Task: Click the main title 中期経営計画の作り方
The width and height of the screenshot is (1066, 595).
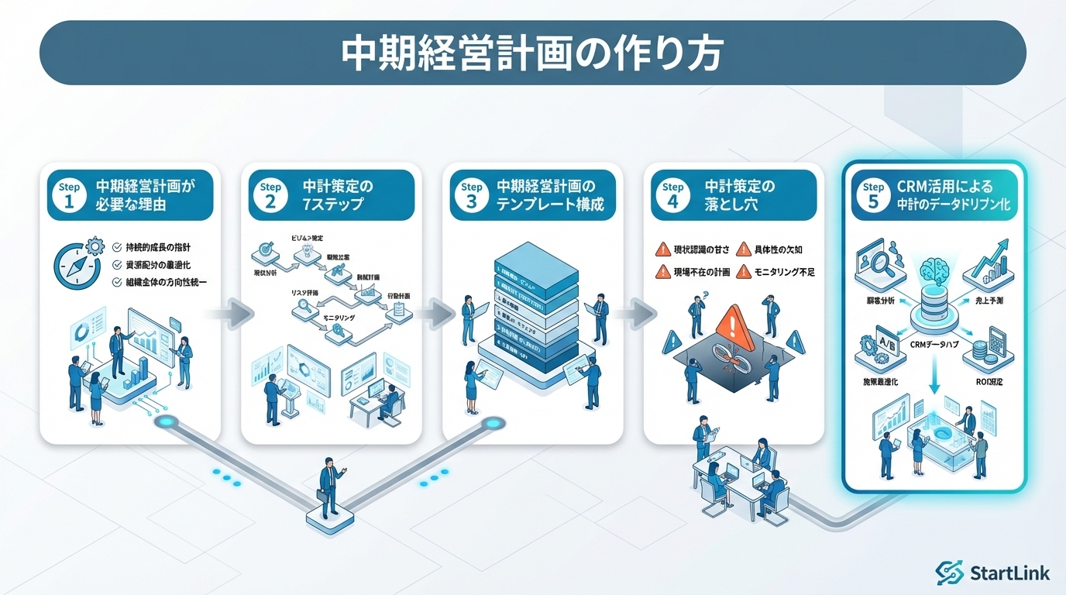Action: pos(532,53)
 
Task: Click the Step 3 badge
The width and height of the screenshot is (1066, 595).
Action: pos(471,195)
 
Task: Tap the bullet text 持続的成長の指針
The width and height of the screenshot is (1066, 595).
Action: pos(159,247)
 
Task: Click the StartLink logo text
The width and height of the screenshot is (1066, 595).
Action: pos(1009,573)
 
